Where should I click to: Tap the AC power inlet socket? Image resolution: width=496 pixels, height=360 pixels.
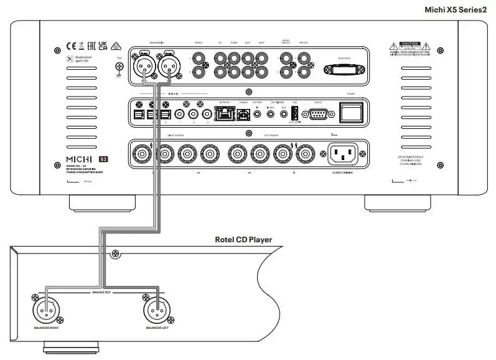tap(339, 152)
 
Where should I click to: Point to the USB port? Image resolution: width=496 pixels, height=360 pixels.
tap(294, 114)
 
